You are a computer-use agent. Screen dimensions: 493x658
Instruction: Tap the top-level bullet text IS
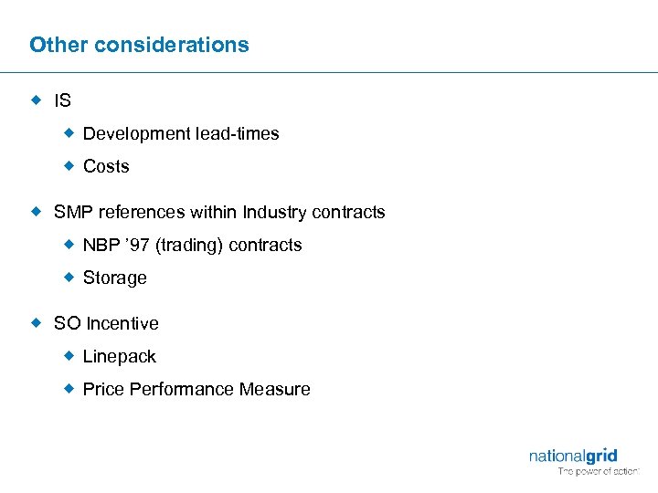tap(62, 100)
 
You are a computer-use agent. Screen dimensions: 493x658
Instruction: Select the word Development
tap(136, 134)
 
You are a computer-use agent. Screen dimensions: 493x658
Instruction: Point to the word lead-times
tap(237, 134)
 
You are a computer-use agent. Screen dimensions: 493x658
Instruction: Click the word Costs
tap(106, 167)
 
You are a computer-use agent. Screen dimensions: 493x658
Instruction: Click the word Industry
tap(274, 213)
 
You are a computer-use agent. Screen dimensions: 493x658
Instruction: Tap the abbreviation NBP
tap(100, 246)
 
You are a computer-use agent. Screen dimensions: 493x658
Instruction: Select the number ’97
tap(135, 246)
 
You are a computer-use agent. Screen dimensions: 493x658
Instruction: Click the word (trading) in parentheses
tap(188, 246)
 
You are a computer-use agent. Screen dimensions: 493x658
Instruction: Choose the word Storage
tap(114, 278)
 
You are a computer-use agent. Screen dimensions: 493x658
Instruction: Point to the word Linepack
tap(120, 357)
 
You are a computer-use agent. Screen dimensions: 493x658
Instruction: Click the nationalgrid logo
tap(573, 456)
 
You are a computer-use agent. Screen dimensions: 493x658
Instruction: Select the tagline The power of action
tap(599, 472)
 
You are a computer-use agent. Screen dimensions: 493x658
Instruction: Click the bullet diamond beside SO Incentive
tap(37, 323)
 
